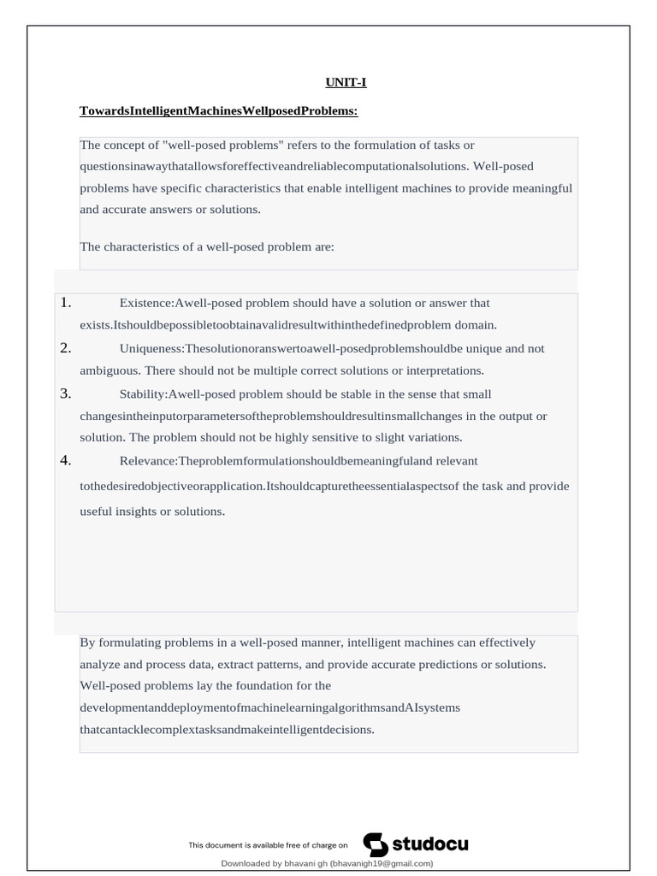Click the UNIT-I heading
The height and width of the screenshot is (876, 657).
(x=346, y=83)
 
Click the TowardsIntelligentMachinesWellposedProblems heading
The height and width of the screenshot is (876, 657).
(x=218, y=111)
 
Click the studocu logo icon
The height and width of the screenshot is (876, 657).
(x=376, y=844)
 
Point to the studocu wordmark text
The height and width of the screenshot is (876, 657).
(x=430, y=844)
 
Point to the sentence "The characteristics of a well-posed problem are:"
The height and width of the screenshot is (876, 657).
(x=206, y=246)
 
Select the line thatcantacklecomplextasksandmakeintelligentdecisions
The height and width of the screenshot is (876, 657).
(x=227, y=731)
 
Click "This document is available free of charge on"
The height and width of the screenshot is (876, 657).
(x=269, y=845)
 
